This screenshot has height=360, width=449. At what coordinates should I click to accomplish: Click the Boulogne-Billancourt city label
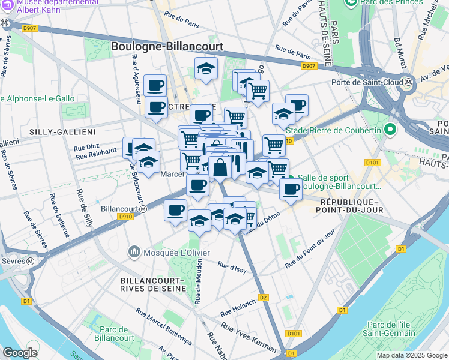click(167, 46)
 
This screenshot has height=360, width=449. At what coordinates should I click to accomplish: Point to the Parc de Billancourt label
click(115, 334)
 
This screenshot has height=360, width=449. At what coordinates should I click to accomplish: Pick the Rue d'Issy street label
click(232, 267)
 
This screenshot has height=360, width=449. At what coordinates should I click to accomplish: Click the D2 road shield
click(263, 297)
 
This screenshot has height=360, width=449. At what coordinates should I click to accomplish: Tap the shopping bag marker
click(220, 168)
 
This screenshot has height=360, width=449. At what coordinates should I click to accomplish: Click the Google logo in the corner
click(20, 352)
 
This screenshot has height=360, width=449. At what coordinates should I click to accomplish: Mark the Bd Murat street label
click(397, 53)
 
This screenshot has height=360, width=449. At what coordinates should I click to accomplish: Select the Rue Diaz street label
click(87, 146)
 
